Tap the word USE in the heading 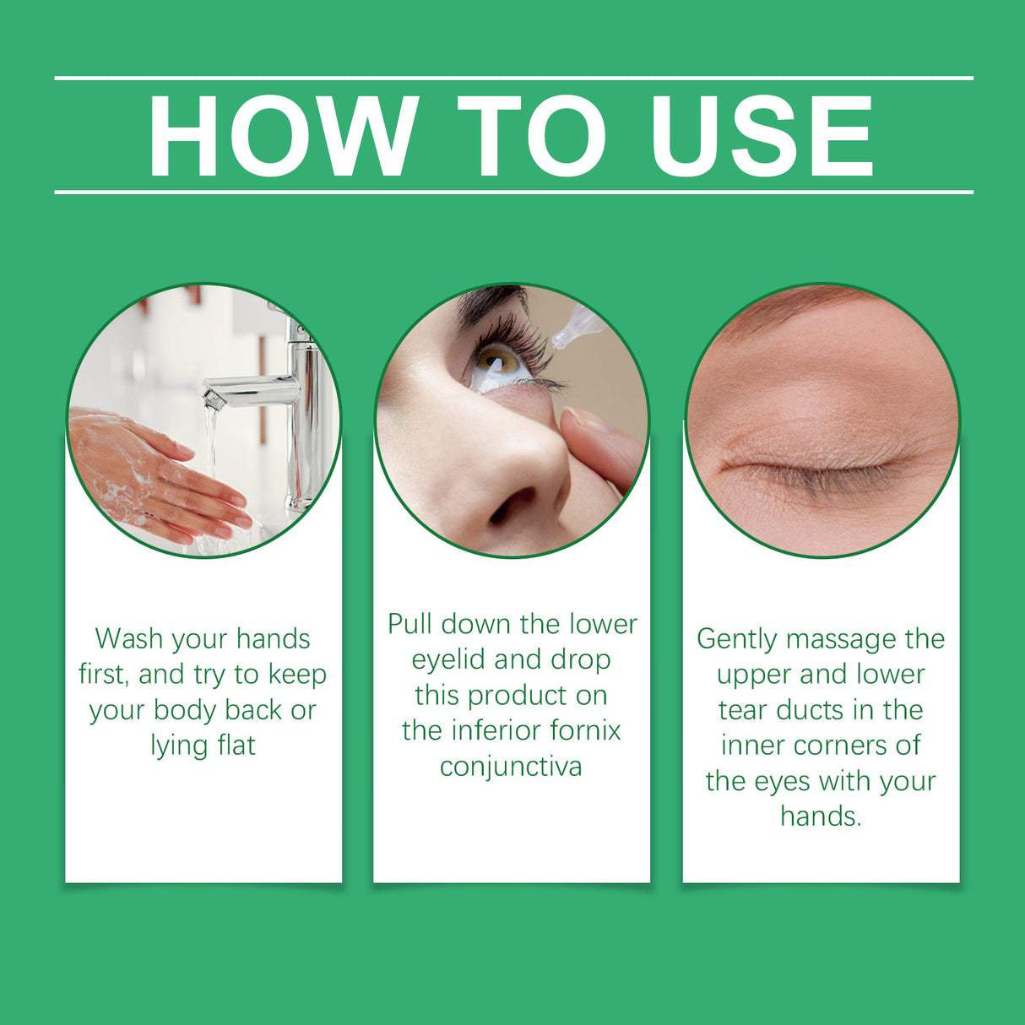tap(762, 137)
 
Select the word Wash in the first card tap(129, 639)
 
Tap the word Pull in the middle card tap(410, 624)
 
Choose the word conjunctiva tap(511, 766)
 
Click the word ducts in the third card tap(811, 710)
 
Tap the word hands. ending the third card tap(821, 816)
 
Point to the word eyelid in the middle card tap(448, 659)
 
